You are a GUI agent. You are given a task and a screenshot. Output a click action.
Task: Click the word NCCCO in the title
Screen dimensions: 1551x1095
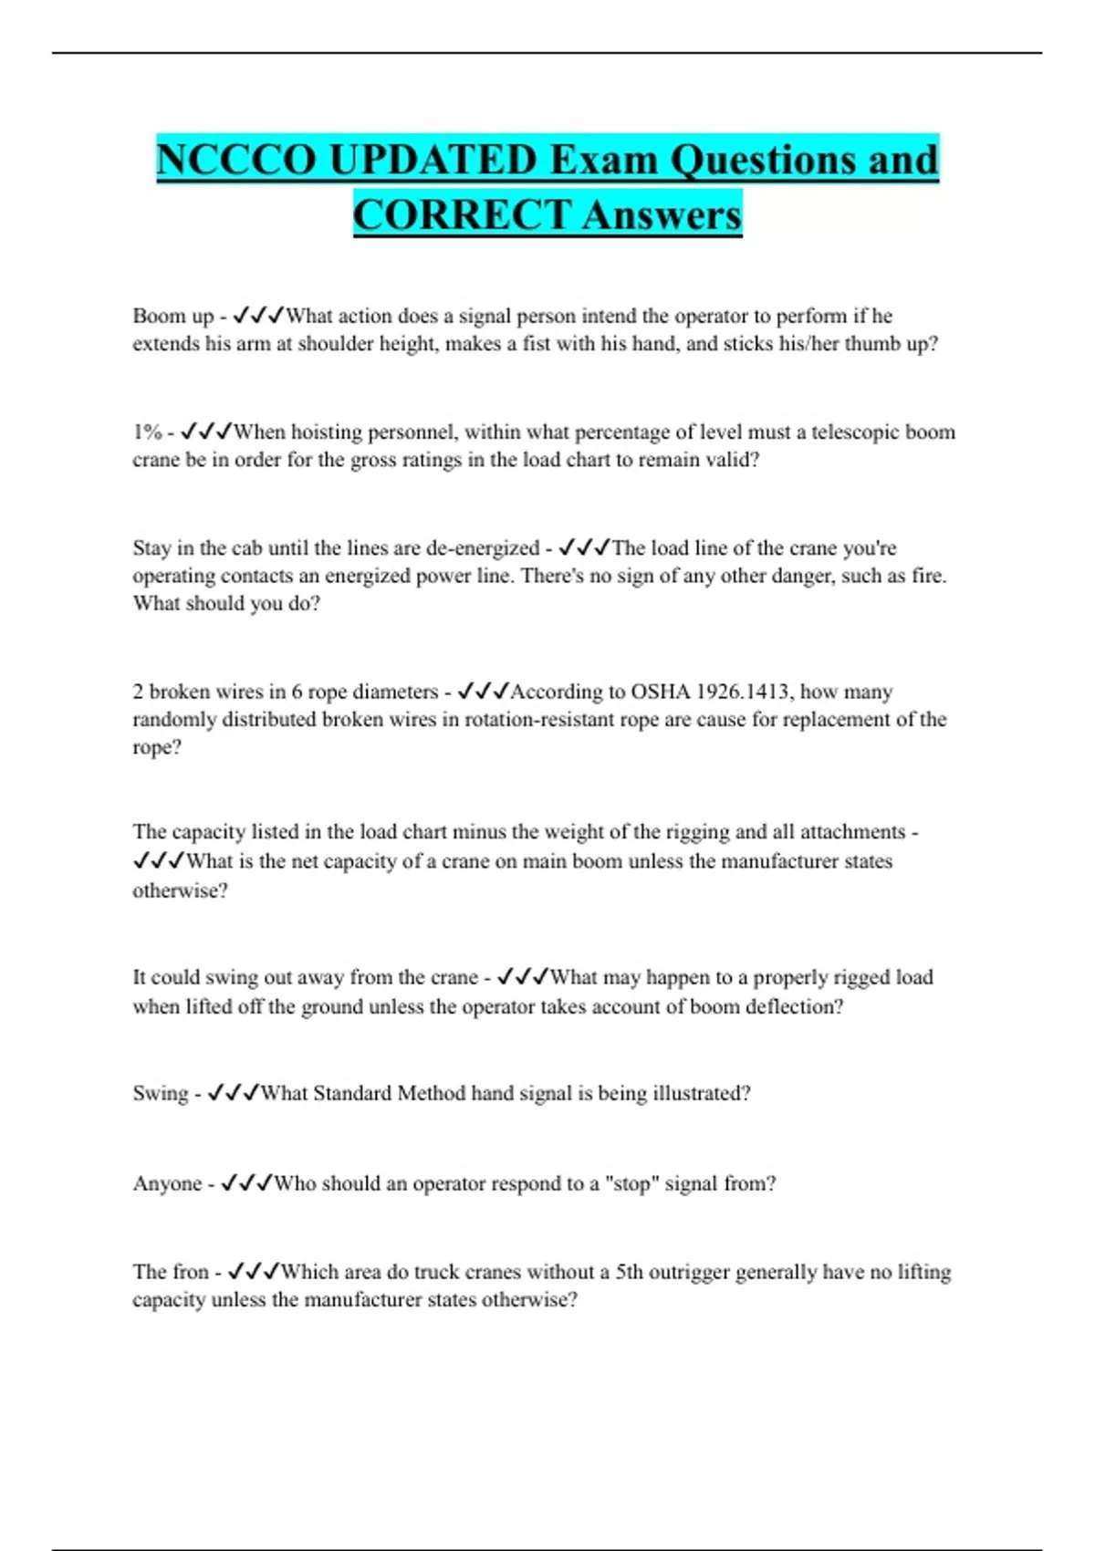[x=237, y=161]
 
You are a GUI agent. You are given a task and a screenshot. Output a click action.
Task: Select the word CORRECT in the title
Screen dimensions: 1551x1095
[x=462, y=215]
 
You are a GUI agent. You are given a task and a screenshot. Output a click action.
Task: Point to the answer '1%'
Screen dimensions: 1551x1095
[x=147, y=432]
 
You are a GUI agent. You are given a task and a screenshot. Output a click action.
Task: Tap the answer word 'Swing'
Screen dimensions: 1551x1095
[x=161, y=1093]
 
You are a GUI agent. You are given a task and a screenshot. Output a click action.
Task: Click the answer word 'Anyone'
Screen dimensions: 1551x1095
[x=167, y=1183]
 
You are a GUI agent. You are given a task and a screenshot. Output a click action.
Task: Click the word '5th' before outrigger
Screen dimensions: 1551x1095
[x=630, y=1272]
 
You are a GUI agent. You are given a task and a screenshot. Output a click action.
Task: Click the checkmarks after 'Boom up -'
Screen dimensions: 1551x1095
[x=258, y=317]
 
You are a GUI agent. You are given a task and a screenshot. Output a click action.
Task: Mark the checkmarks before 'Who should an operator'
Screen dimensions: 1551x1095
[x=246, y=1183]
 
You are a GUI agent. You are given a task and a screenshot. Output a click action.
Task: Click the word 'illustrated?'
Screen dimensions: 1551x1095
[x=701, y=1093]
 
